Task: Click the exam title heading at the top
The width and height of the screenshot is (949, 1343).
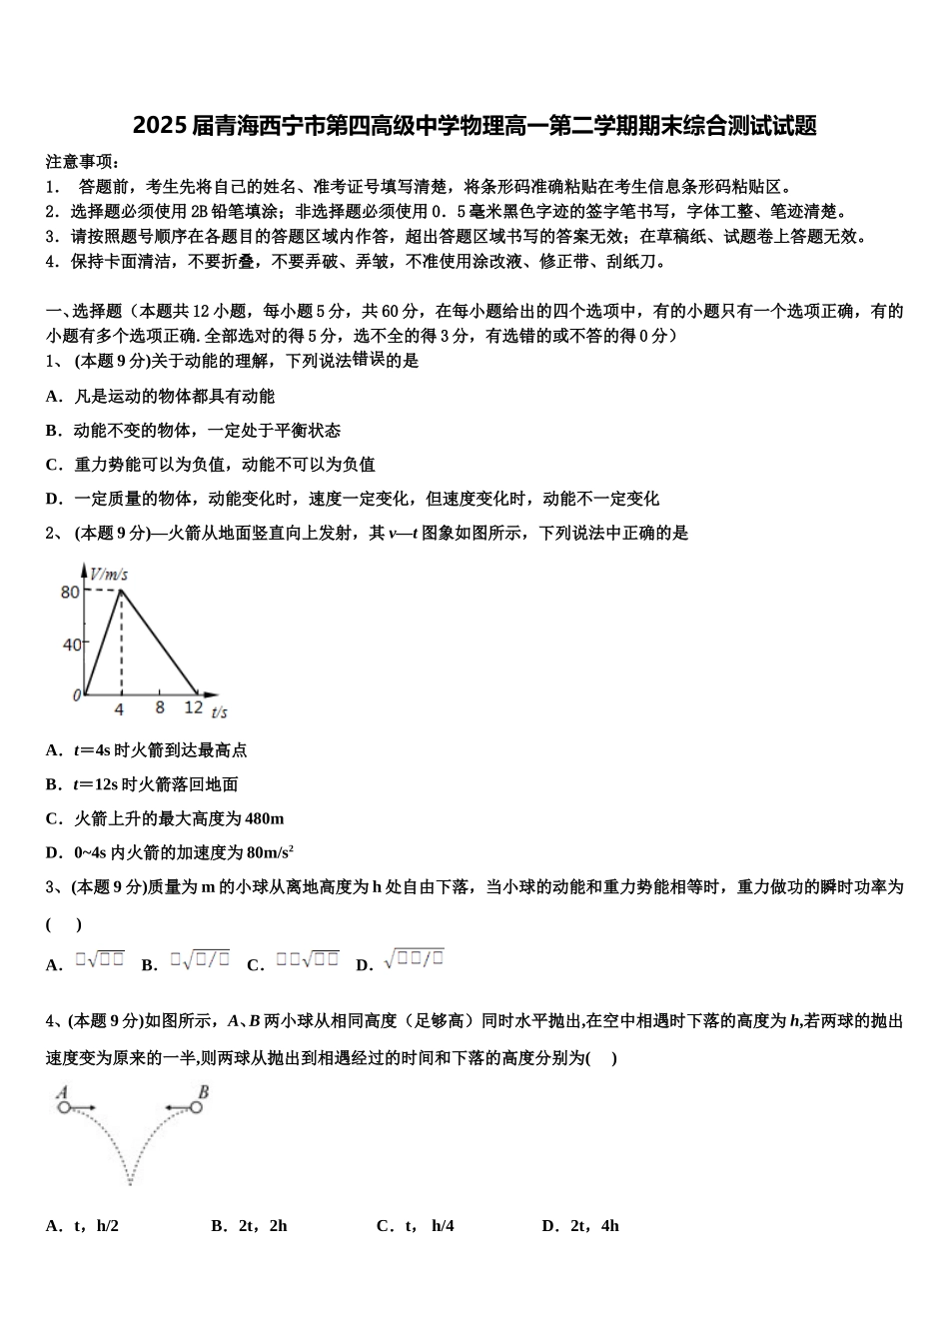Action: [474, 127]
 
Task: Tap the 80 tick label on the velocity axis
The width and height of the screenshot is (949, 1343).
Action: [70, 592]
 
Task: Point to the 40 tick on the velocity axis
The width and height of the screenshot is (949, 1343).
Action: [72, 644]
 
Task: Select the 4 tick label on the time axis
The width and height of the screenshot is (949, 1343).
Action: [119, 709]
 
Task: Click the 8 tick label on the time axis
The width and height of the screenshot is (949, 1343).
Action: [160, 707]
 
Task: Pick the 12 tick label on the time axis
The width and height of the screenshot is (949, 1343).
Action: [193, 707]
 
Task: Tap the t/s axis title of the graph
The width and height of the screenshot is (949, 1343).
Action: [219, 711]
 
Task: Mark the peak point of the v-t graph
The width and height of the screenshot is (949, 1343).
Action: [121, 591]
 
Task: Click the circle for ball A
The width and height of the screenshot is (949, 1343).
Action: [64, 1107]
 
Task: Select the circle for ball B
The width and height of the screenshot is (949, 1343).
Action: [196, 1107]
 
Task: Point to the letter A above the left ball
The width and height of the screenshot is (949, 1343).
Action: [62, 1092]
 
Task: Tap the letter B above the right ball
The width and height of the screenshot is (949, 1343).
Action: [203, 1092]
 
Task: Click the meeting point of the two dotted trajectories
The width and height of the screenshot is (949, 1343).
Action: [131, 1184]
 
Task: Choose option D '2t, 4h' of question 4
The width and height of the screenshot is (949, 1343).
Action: [580, 1226]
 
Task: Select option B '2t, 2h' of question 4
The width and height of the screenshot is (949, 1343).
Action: [250, 1226]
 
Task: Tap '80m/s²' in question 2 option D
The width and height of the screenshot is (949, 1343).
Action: [269, 852]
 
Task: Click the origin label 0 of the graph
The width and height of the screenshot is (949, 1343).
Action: [76, 695]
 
